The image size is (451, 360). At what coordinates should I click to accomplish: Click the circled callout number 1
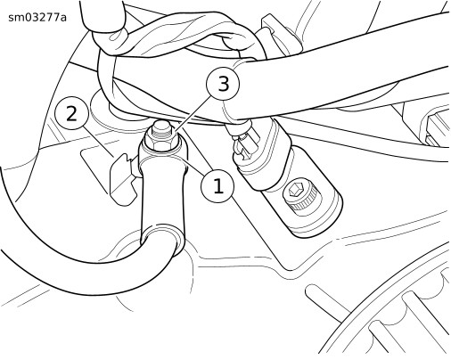217,186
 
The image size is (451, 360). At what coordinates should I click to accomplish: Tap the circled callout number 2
72,113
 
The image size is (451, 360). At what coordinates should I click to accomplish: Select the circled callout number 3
223,84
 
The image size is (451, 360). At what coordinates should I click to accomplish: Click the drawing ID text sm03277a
37,18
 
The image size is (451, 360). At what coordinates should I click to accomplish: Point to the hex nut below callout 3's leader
161,141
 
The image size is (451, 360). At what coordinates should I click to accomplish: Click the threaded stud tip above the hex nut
161,127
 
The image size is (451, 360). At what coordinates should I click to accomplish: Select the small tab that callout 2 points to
122,178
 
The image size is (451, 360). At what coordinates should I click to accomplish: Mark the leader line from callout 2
99,142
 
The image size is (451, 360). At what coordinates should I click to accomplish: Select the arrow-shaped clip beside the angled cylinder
243,145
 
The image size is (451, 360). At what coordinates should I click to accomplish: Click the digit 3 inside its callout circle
224,84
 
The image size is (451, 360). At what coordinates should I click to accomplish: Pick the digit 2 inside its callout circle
72,113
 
